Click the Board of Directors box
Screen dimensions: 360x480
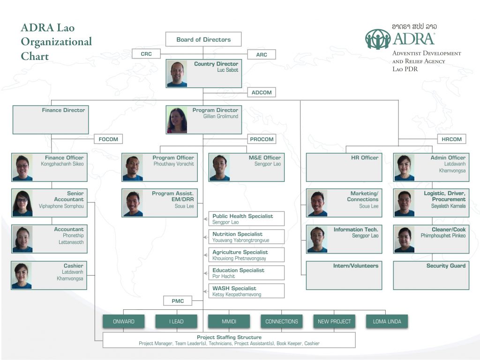[203, 39]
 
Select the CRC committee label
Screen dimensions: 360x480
[146, 54]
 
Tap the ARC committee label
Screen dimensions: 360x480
[262, 55]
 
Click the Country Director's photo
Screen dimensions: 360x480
[177, 74]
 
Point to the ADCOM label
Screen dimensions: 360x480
[262, 92]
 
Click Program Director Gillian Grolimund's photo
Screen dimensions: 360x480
[177, 120]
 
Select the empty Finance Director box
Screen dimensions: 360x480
[51, 120]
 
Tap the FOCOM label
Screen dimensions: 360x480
[109, 139]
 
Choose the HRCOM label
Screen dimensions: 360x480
[452, 139]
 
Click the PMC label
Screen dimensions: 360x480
[178, 300]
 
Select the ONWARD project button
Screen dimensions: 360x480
[124, 322]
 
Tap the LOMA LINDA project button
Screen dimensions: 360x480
[387, 322]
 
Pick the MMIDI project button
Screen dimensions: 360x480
[229, 322]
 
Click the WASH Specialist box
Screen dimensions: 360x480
[247, 291]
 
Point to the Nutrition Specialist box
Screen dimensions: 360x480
[247, 237]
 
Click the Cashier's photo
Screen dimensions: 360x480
[22, 276]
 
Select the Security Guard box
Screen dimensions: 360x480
[431, 275]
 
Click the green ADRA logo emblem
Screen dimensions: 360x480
[378, 39]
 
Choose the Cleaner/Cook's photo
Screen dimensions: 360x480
[404, 240]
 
